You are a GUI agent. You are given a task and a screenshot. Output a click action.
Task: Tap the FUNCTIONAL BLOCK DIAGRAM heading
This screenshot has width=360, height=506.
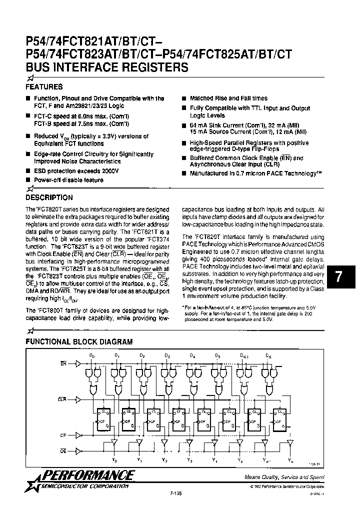pyautogui.click(x=79, y=342)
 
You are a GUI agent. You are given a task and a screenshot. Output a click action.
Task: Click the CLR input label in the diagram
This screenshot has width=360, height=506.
pyautogui.click(x=62, y=399)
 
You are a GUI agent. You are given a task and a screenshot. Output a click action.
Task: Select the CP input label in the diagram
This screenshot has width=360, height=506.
pyautogui.click(x=63, y=435)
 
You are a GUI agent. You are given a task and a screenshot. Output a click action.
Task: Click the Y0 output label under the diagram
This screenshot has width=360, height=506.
pyautogui.click(x=114, y=460)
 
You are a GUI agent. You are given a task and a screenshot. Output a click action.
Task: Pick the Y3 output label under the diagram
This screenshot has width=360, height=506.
pyautogui.click(x=189, y=460)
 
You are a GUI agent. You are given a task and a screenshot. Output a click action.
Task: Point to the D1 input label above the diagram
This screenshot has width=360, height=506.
pyautogui.click(x=116, y=355)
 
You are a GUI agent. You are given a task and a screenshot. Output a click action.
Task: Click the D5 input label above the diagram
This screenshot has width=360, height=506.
pyautogui.click(x=217, y=355)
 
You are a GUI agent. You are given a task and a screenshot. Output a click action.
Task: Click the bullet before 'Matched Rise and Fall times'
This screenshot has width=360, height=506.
pyautogui.click(x=184, y=99)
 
